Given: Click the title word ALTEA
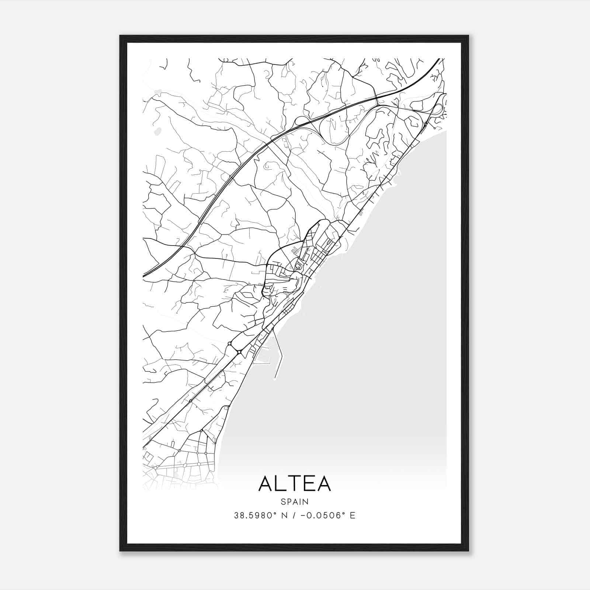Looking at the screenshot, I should (295, 484).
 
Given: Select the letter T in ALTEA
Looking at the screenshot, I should (295, 484).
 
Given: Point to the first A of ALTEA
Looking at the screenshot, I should (265, 484).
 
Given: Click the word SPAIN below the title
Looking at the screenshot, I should (295, 502).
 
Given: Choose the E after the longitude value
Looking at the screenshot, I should (353, 516).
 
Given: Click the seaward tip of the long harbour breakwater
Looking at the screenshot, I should (275, 379).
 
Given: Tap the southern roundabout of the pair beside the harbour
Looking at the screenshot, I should (239, 352).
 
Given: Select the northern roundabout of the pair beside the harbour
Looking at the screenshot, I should (230, 344).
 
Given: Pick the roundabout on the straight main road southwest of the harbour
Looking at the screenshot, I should (191, 401).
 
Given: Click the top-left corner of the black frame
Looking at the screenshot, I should (120, 36).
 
